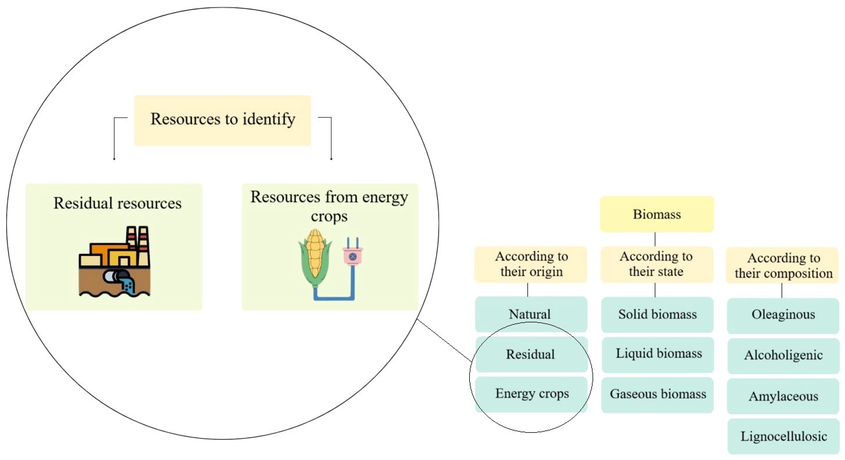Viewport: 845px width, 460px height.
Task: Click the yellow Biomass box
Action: [657, 214]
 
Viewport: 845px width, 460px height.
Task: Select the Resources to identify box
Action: [222, 120]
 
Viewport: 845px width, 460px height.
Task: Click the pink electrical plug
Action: [353, 256]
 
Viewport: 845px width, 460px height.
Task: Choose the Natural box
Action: [530, 314]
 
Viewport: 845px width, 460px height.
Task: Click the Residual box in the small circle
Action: [531, 354]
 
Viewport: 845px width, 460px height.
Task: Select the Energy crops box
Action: [531, 393]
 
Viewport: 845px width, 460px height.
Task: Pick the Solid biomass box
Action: [657, 314]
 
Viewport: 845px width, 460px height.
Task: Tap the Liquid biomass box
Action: [658, 354]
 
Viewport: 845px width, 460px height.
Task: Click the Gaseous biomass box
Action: [658, 394]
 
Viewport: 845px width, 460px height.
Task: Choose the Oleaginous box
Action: [783, 315]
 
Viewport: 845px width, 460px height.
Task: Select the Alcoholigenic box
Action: [783, 355]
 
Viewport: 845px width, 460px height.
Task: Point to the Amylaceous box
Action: [783, 396]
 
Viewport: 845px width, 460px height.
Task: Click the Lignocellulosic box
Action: [783, 436]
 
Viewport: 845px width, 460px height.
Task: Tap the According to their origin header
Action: [531, 264]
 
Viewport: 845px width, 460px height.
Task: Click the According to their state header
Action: [656, 264]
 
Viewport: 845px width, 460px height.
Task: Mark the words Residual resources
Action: [117, 203]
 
